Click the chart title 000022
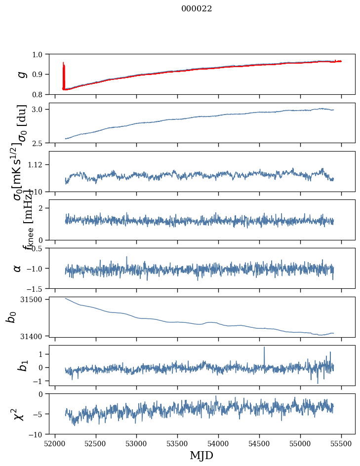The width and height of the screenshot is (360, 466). tap(197, 9)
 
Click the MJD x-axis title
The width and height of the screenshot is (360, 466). tap(201, 456)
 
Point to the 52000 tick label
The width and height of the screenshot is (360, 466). tap(55, 443)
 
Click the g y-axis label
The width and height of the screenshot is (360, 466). tap(21, 74)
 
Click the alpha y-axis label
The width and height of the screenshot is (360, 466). tap(17, 268)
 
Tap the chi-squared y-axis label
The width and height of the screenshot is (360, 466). tap(19, 414)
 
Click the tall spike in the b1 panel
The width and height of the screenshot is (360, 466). tap(264, 348)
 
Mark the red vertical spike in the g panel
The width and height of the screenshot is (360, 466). tap(64, 74)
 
